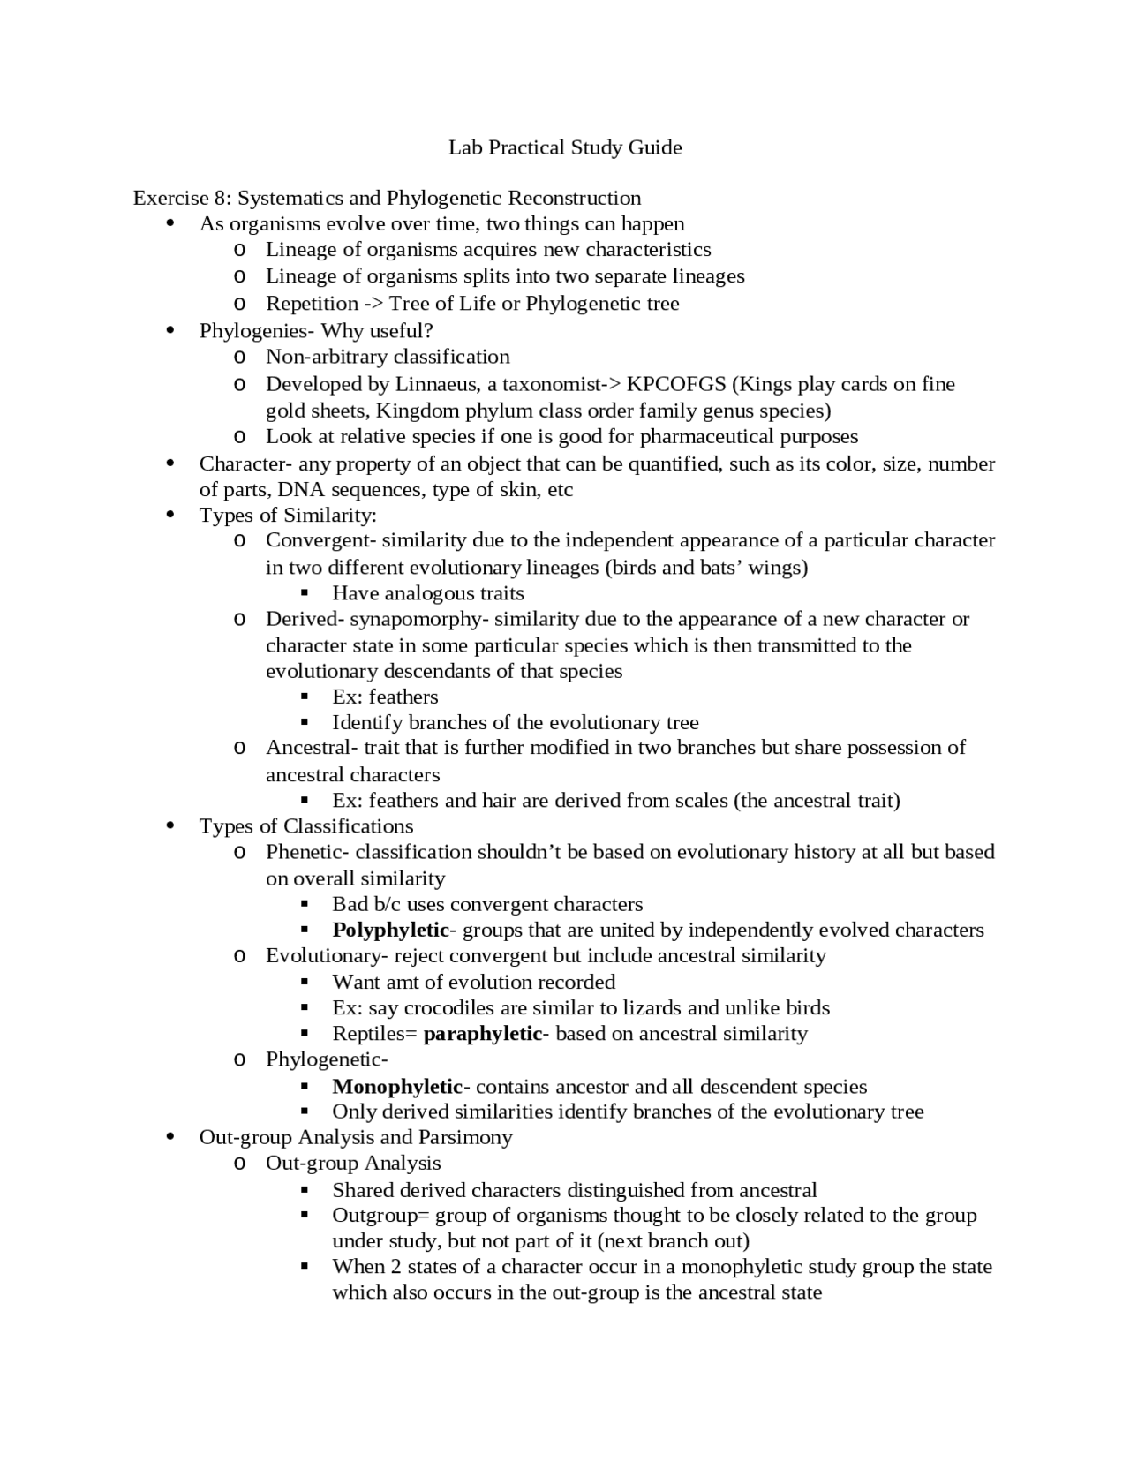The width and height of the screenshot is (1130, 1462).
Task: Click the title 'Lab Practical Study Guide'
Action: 565,147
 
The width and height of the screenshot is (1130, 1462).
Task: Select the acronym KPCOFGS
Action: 676,384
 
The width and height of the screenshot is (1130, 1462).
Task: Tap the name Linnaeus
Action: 438,384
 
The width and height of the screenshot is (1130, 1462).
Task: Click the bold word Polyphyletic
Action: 390,930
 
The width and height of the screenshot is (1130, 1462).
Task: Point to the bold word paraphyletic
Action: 482,1034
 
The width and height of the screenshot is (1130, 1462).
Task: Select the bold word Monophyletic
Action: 397,1087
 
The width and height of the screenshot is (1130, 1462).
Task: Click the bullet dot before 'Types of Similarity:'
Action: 170,515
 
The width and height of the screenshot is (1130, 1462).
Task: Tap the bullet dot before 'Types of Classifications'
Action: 170,825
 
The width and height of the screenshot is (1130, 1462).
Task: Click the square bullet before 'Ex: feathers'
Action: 305,697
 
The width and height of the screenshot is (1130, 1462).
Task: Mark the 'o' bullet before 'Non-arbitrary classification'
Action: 238,358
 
